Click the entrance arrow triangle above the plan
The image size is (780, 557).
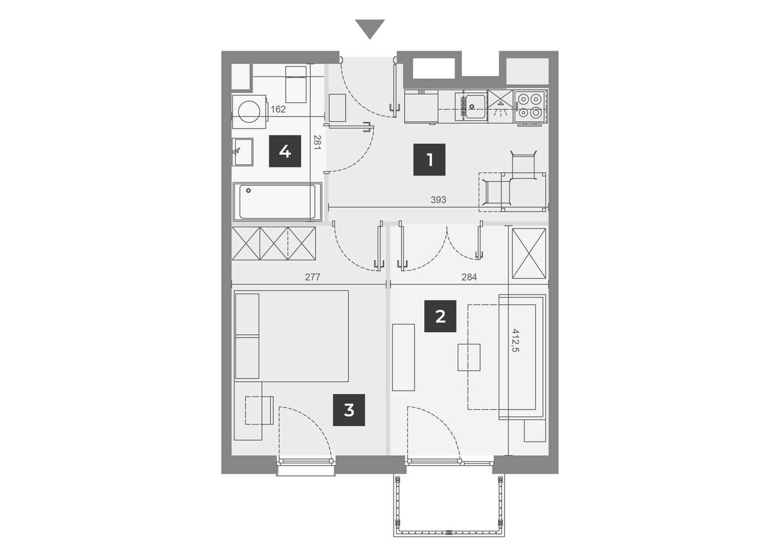pyautogui.click(x=369, y=29)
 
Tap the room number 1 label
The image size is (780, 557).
pyautogui.click(x=430, y=160)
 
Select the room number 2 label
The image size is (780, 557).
pyautogui.click(x=440, y=316)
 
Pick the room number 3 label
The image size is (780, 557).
pyautogui.click(x=349, y=410)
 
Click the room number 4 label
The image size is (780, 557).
pyautogui.click(x=285, y=151)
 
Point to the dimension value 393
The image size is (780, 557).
pyautogui.click(x=438, y=200)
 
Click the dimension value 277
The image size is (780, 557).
pyautogui.click(x=313, y=277)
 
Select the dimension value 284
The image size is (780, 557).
pyautogui.click(x=469, y=277)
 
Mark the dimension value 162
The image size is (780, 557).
pyautogui.click(x=278, y=109)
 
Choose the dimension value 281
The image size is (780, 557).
pyautogui.click(x=317, y=143)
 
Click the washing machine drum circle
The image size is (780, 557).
pyautogui.click(x=249, y=112)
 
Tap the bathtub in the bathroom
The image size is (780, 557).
pyautogui.click(x=277, y=202)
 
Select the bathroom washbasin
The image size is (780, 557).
pyautogui.click(x=243, y=152)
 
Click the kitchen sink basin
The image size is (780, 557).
pyautogui.click(x=475, y=105)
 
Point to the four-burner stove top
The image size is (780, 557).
pyautogui.click(x=530, y=107)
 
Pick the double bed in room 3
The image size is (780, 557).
pyautogui.click(x=291, y=336)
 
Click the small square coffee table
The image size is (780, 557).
pyautogui.click(x=469, y=357)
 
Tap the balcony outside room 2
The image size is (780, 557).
pyautogui.click(x=449, y=505)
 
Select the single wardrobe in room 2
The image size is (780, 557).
pyautogui.click(x=528, y=253)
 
